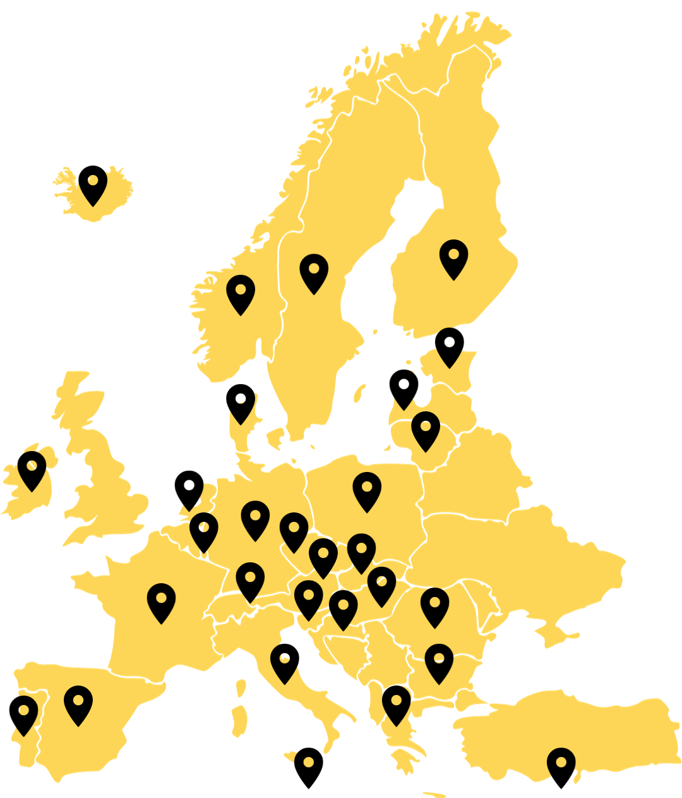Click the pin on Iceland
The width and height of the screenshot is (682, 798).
coord(93,183)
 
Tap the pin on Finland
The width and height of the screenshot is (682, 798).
coord(453,257)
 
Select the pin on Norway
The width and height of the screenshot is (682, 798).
coord(241,292)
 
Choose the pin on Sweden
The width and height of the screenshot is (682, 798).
coord(314,271)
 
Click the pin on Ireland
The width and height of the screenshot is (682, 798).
coord(32,468)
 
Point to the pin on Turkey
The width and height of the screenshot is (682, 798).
coord(561,765)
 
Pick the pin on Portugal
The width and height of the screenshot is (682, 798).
coord(23,713)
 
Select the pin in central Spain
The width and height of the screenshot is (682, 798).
coord(78,703)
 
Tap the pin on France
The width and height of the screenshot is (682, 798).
coord(162,600)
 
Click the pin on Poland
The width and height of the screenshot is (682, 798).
coord(367,489)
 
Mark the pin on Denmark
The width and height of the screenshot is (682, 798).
coord(241,401)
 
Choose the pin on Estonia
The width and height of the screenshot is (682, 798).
coord(449,344)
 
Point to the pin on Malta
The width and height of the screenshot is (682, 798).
coord(308,765)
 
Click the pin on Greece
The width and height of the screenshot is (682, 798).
coord(396,703)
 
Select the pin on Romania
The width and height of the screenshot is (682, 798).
coord(434,605)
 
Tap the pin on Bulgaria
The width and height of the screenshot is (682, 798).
coord(439,661)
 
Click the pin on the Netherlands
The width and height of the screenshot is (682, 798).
coord(189,488)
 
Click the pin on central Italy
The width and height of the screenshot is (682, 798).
coord(285,661)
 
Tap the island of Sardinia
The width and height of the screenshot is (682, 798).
coord(239,720)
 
